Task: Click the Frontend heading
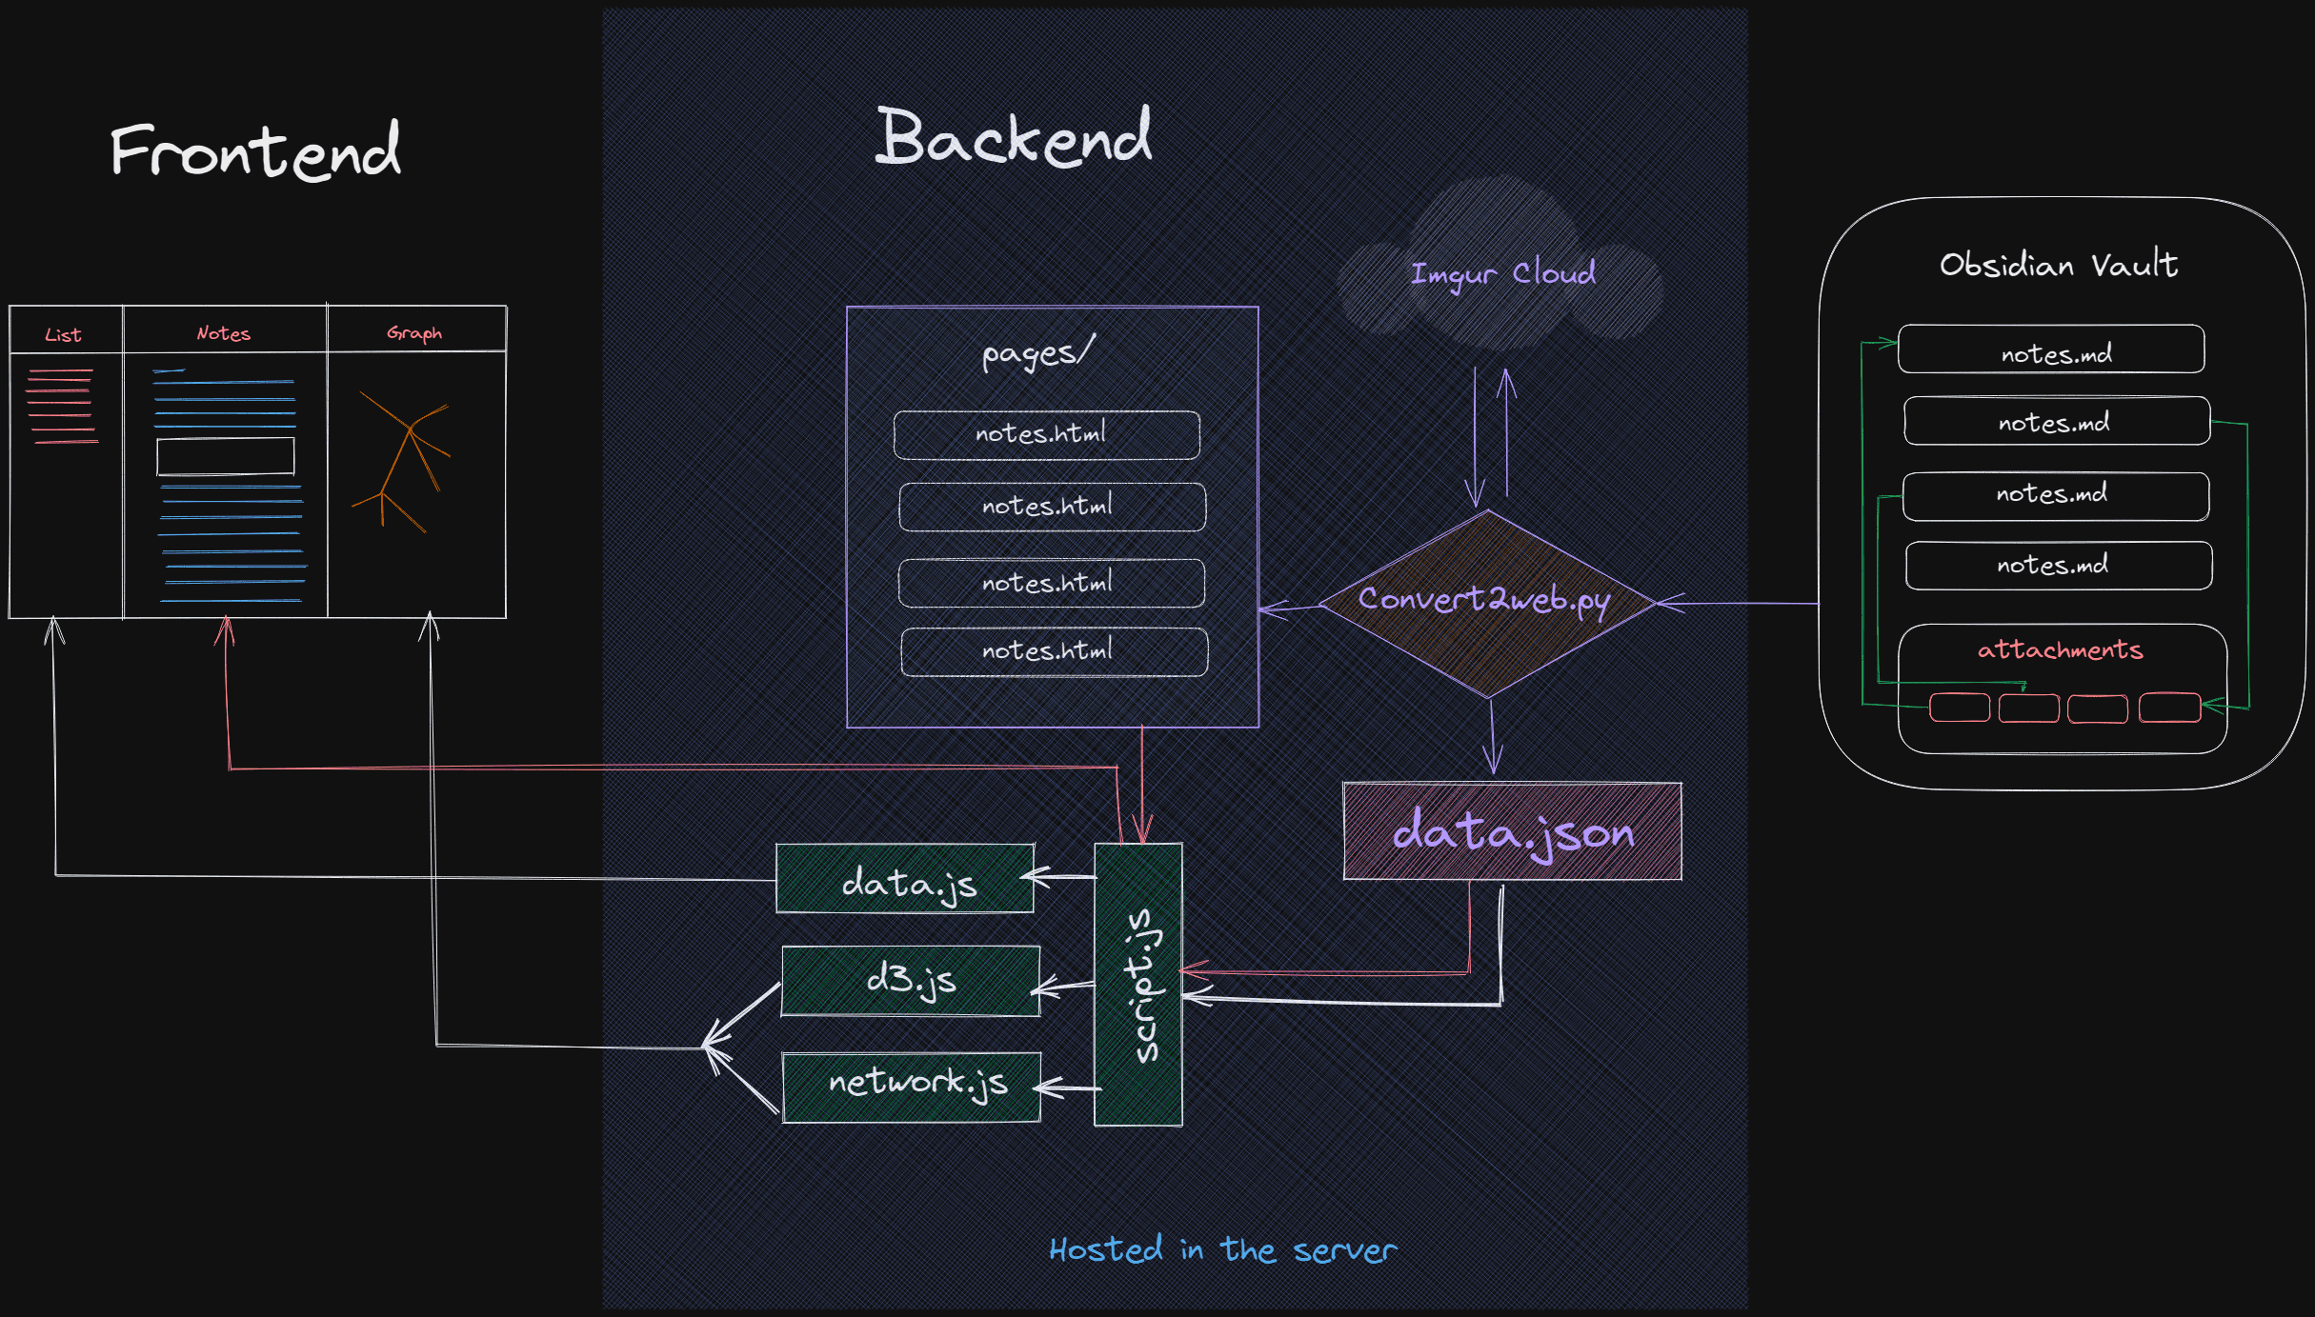tap(255, 150)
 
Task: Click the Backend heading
tap(1014, 137)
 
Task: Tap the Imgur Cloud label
tap(1502, 274)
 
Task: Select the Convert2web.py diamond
tap(1487, 604)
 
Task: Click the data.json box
tap(1512, 831)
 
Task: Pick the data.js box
tap(905, 879)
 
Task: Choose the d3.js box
tap(911, 981)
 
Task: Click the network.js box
tap(912, 1088)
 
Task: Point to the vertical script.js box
tap(1138, 985)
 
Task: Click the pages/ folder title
tap(1038, 353)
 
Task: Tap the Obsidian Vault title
tap(2059, 264)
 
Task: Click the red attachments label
tap(2060, 649)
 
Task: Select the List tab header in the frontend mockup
tap(63, 335)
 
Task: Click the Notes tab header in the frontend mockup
tap(223, 333)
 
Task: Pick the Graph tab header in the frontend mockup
tap(414, 333)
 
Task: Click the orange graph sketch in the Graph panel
tap(401, 461)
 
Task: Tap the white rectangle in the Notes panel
tap(226, 456)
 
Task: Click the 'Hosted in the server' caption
tap(1223, 1250)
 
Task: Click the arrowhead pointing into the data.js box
tap(1035, 876)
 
